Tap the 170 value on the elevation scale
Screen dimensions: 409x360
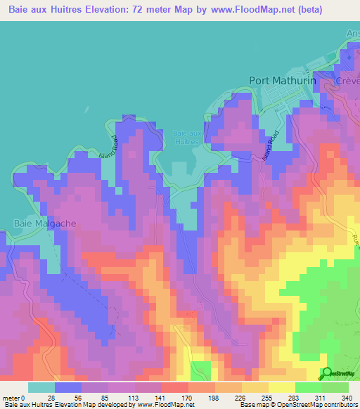[188, 397]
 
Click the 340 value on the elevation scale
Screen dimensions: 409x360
[347, 397]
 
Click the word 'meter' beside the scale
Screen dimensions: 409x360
[11, 397]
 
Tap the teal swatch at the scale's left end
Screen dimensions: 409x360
[41, 387]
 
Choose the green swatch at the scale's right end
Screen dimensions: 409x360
[335, 387]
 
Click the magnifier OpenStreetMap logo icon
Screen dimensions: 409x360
[326, 373]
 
